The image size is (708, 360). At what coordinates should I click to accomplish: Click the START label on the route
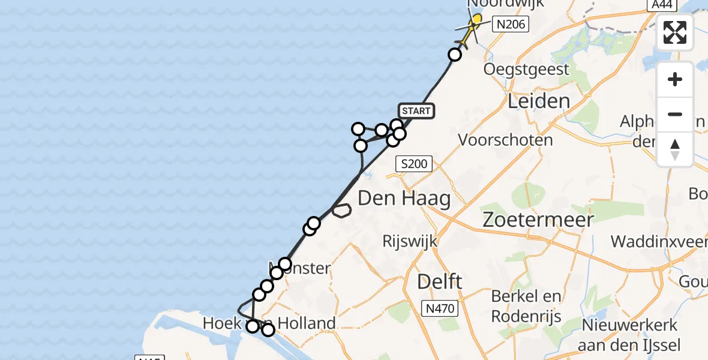coord(416,111)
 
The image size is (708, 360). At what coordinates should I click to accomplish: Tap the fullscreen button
coord(675,32)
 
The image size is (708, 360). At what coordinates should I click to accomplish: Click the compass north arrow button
coord(675,149)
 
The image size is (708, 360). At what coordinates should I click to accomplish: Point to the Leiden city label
coord(539,101)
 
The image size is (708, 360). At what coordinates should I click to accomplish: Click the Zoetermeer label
coord(538,220)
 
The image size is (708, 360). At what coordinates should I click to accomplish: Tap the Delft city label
coord(440,281)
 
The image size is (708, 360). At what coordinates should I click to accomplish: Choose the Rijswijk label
coord(410,241)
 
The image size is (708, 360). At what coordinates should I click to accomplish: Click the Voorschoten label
coord(505,140)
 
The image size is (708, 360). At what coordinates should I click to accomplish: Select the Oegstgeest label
coord(526,69)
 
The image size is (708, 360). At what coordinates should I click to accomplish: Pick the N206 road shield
coord(510,25)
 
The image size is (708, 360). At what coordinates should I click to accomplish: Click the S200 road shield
coord(415,163)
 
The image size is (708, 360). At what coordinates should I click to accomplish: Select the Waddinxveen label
coord(659,241)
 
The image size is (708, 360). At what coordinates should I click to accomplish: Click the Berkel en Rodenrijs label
coord(526,305)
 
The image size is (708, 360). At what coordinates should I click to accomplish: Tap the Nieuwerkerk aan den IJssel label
coord(628,335)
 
